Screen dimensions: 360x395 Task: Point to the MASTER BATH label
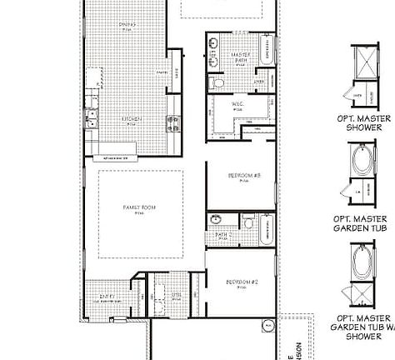tap(241, 57)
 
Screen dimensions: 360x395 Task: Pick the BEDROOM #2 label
tap(242, 282)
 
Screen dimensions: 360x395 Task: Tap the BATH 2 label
tap(222, 235)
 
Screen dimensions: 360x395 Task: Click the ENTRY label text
tap(107, 296)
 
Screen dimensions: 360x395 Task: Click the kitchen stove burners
tap(173, 122)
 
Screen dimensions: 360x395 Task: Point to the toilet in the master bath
tap(218, 83)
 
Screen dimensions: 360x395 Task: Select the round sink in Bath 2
tap(215, 219)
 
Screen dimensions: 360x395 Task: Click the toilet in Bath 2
tap(247, 222)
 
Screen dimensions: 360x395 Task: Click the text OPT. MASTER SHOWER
tap(363, 122)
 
